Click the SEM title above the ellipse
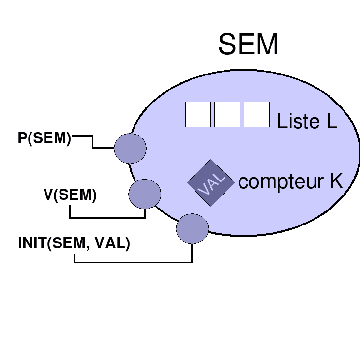248,45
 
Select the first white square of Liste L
198,115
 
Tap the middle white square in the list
227,115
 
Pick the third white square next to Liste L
256,115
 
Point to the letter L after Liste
331,121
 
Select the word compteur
281,182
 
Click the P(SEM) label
44,138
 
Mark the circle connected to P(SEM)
130,148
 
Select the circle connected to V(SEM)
145,194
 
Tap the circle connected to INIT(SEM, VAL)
192,228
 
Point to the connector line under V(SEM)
106,218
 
